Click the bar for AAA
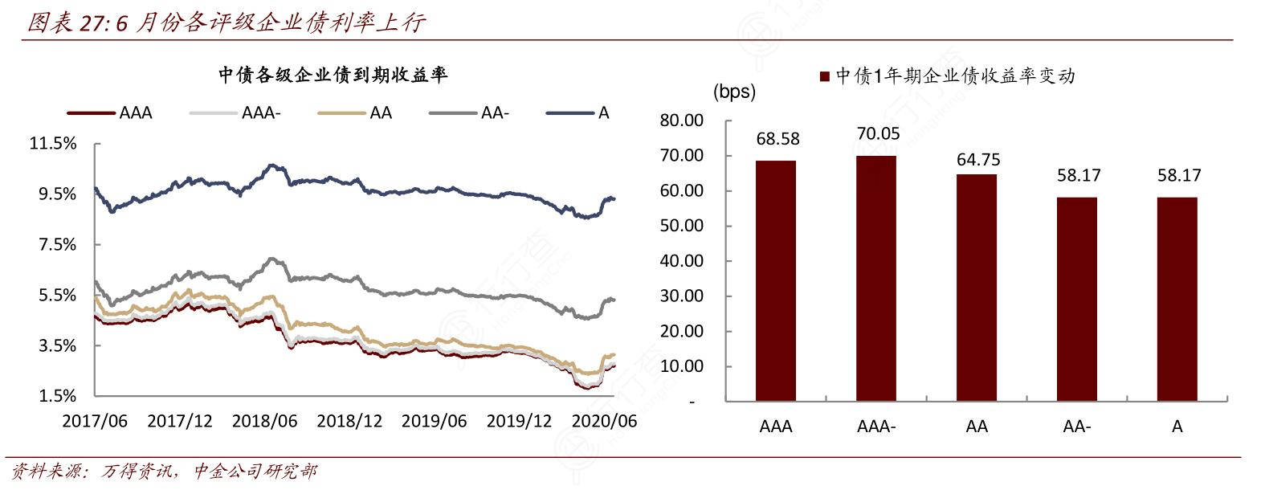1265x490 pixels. click(x=775, y=281)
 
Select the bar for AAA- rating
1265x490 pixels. click(x=875, y=278)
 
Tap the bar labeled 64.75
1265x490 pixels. click(x=976, y=288)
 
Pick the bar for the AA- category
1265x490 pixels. click(x=1076, y=299)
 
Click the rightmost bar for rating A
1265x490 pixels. click(x=1177, y=299)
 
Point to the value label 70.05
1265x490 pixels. click(x=878, y=134)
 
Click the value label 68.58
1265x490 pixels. click(x=777, y=139)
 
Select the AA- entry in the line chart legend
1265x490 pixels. click(x=470, y=113)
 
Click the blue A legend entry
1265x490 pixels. click(x=578, y=113)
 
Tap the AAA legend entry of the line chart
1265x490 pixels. click(x=110, y=113)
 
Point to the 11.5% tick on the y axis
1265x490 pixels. click(x=53, y=144)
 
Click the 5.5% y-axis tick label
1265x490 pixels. click(x=57, y=295)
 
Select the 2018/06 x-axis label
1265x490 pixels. click(x=264, y=422)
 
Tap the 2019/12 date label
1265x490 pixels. click(x=519, y=422)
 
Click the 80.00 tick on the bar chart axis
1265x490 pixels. click(x=681, y=120)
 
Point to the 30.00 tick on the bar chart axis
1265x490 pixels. click(x=681, y=296)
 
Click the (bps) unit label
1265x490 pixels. click(x=734, y=92)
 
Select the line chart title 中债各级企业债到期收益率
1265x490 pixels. click(x=333, y=76)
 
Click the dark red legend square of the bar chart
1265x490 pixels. click(x=824, y=77)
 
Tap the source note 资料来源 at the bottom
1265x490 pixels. click(x=165, y=472)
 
